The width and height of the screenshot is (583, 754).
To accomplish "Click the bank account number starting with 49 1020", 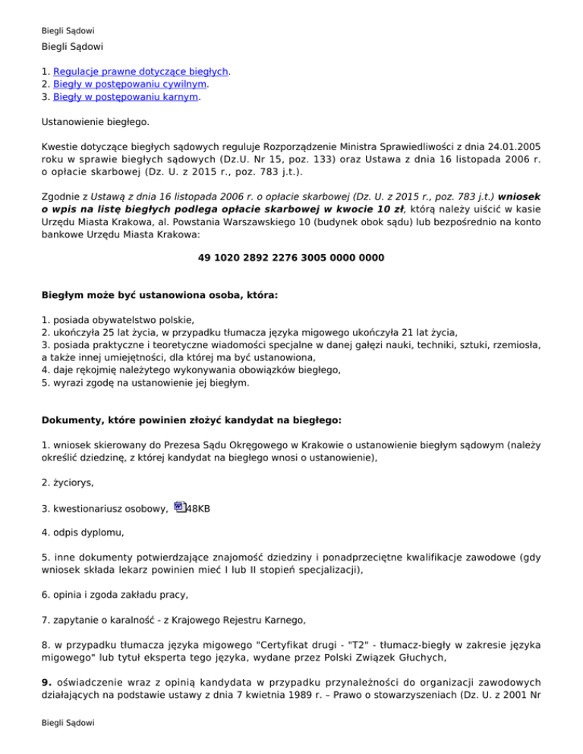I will (291, 258).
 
